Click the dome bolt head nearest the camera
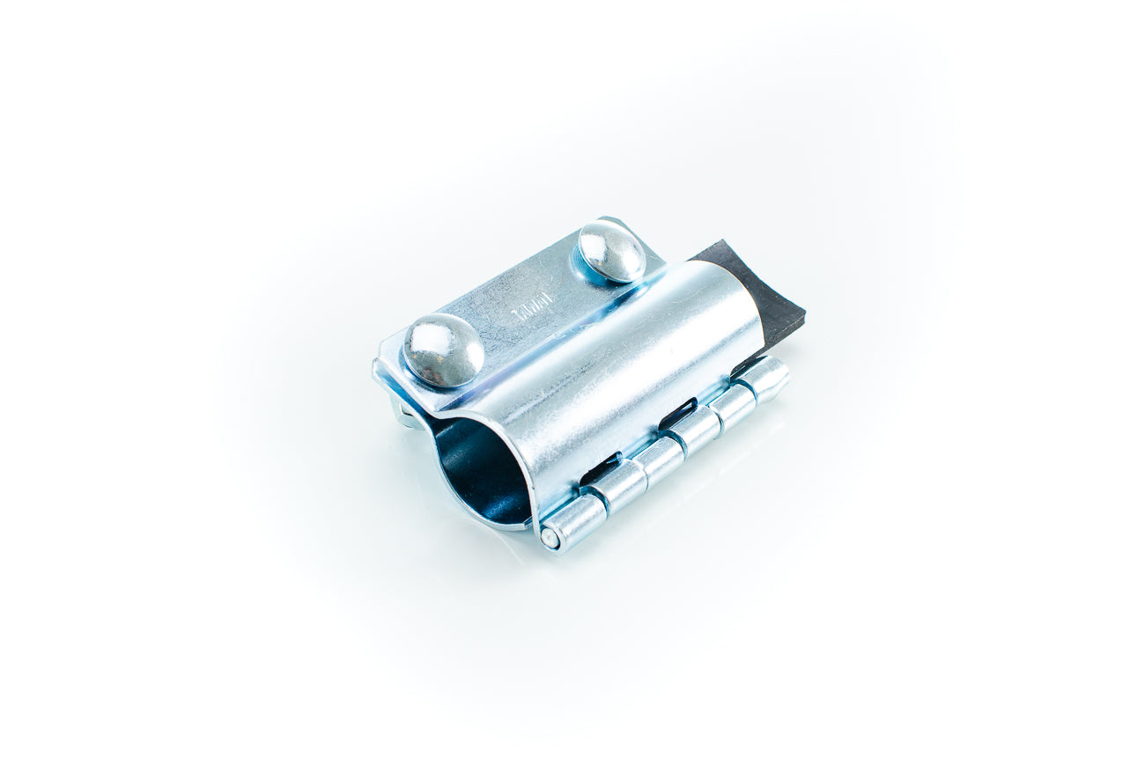(x=443, y=350)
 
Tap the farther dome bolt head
(x=611, y=252)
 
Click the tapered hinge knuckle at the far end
(x=764, y=377)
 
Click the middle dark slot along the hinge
(x=678, y=412)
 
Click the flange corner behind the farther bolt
(x=608, y=222)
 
